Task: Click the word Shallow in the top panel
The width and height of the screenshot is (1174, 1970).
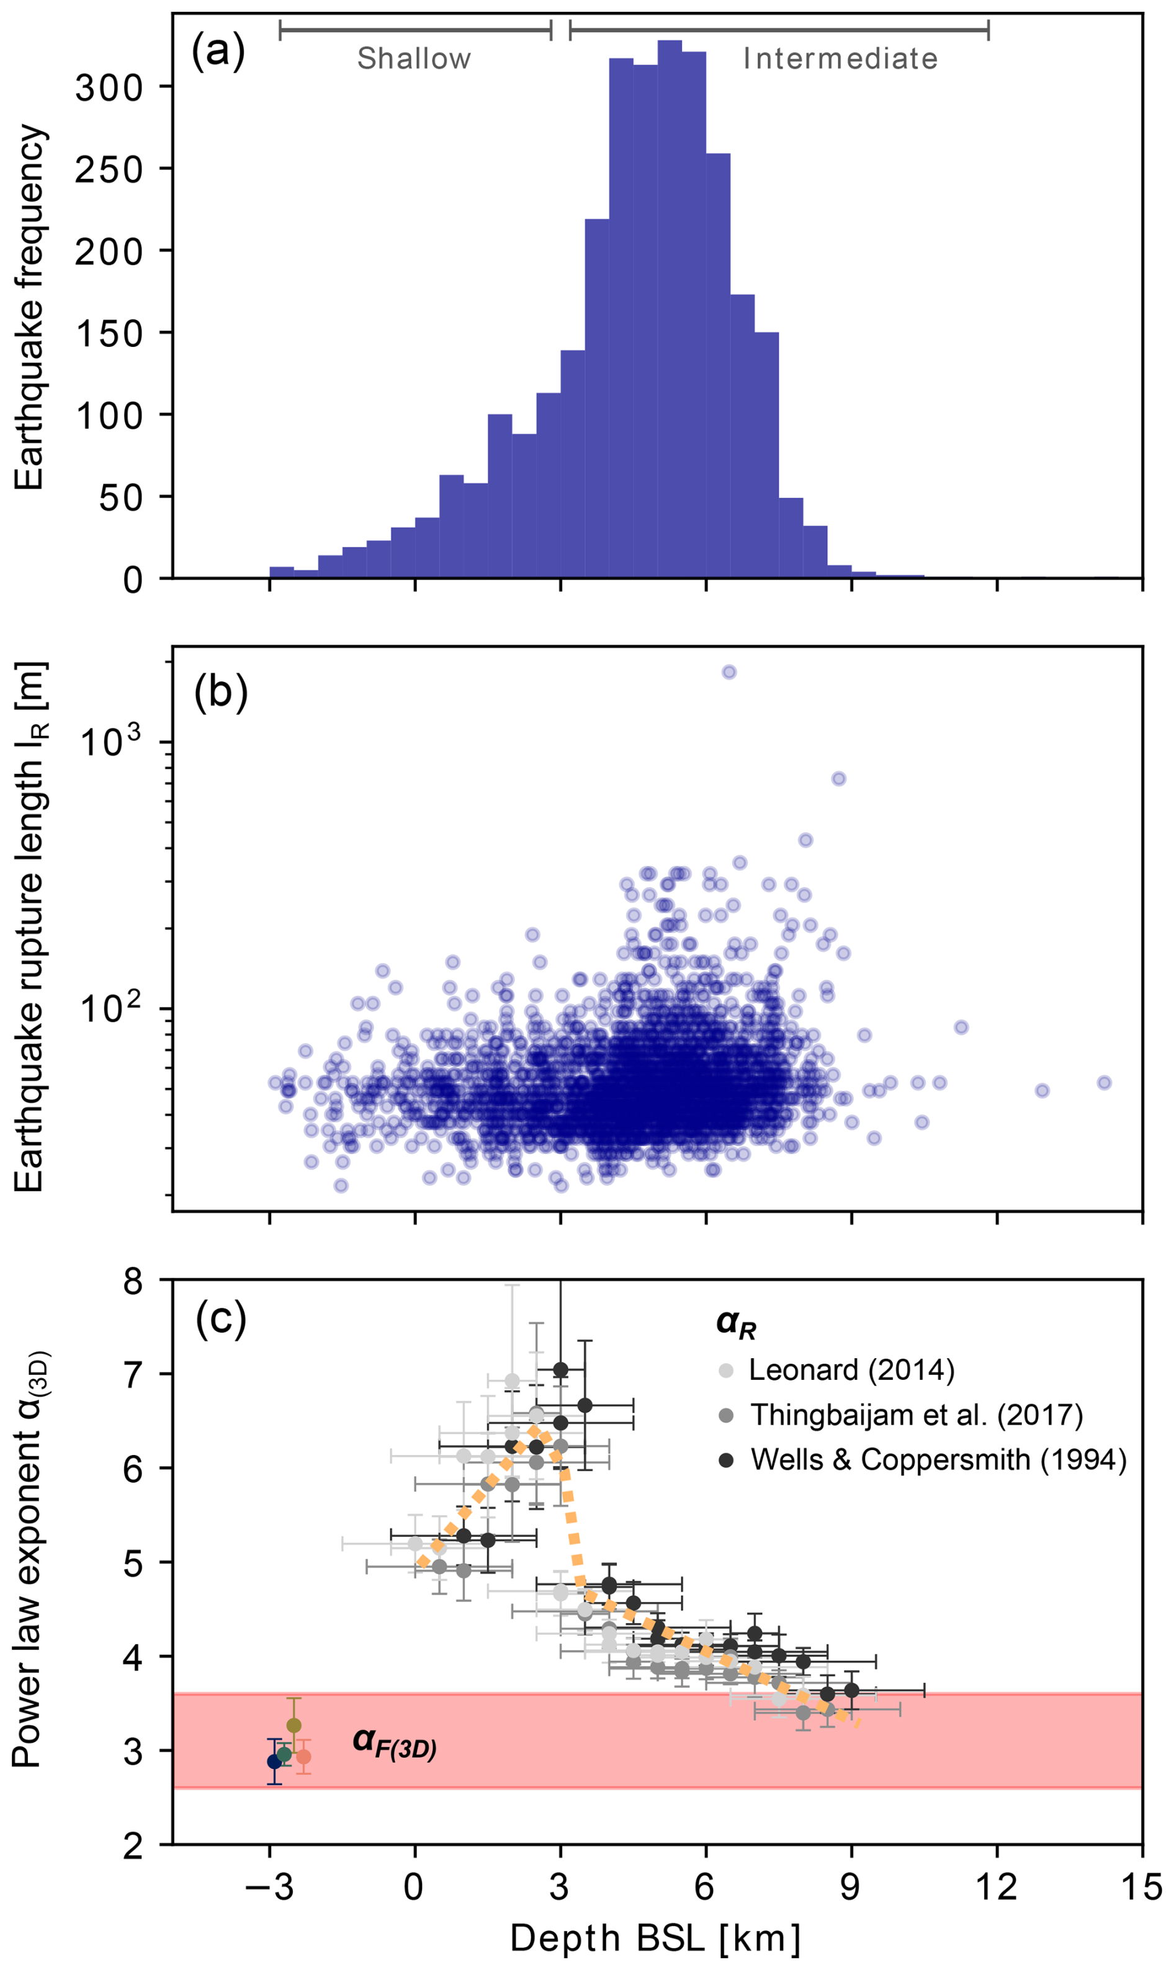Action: click(414, 58)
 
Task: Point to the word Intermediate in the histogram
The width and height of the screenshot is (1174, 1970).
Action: click(840, 58)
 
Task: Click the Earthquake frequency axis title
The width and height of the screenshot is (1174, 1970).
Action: click(30, 308)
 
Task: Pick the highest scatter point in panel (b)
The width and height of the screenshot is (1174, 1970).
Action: click(728, 672)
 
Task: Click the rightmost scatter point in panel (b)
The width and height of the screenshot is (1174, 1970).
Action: click(1104, 1083)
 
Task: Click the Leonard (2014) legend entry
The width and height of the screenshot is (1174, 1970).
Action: click(851, 1369)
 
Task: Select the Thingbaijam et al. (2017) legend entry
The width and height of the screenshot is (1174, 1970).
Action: click(915, 1414)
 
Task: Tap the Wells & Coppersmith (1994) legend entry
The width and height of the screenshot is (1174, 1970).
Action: click(938, 1459)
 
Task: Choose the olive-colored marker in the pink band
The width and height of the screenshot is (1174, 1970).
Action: click(293, 1725)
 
